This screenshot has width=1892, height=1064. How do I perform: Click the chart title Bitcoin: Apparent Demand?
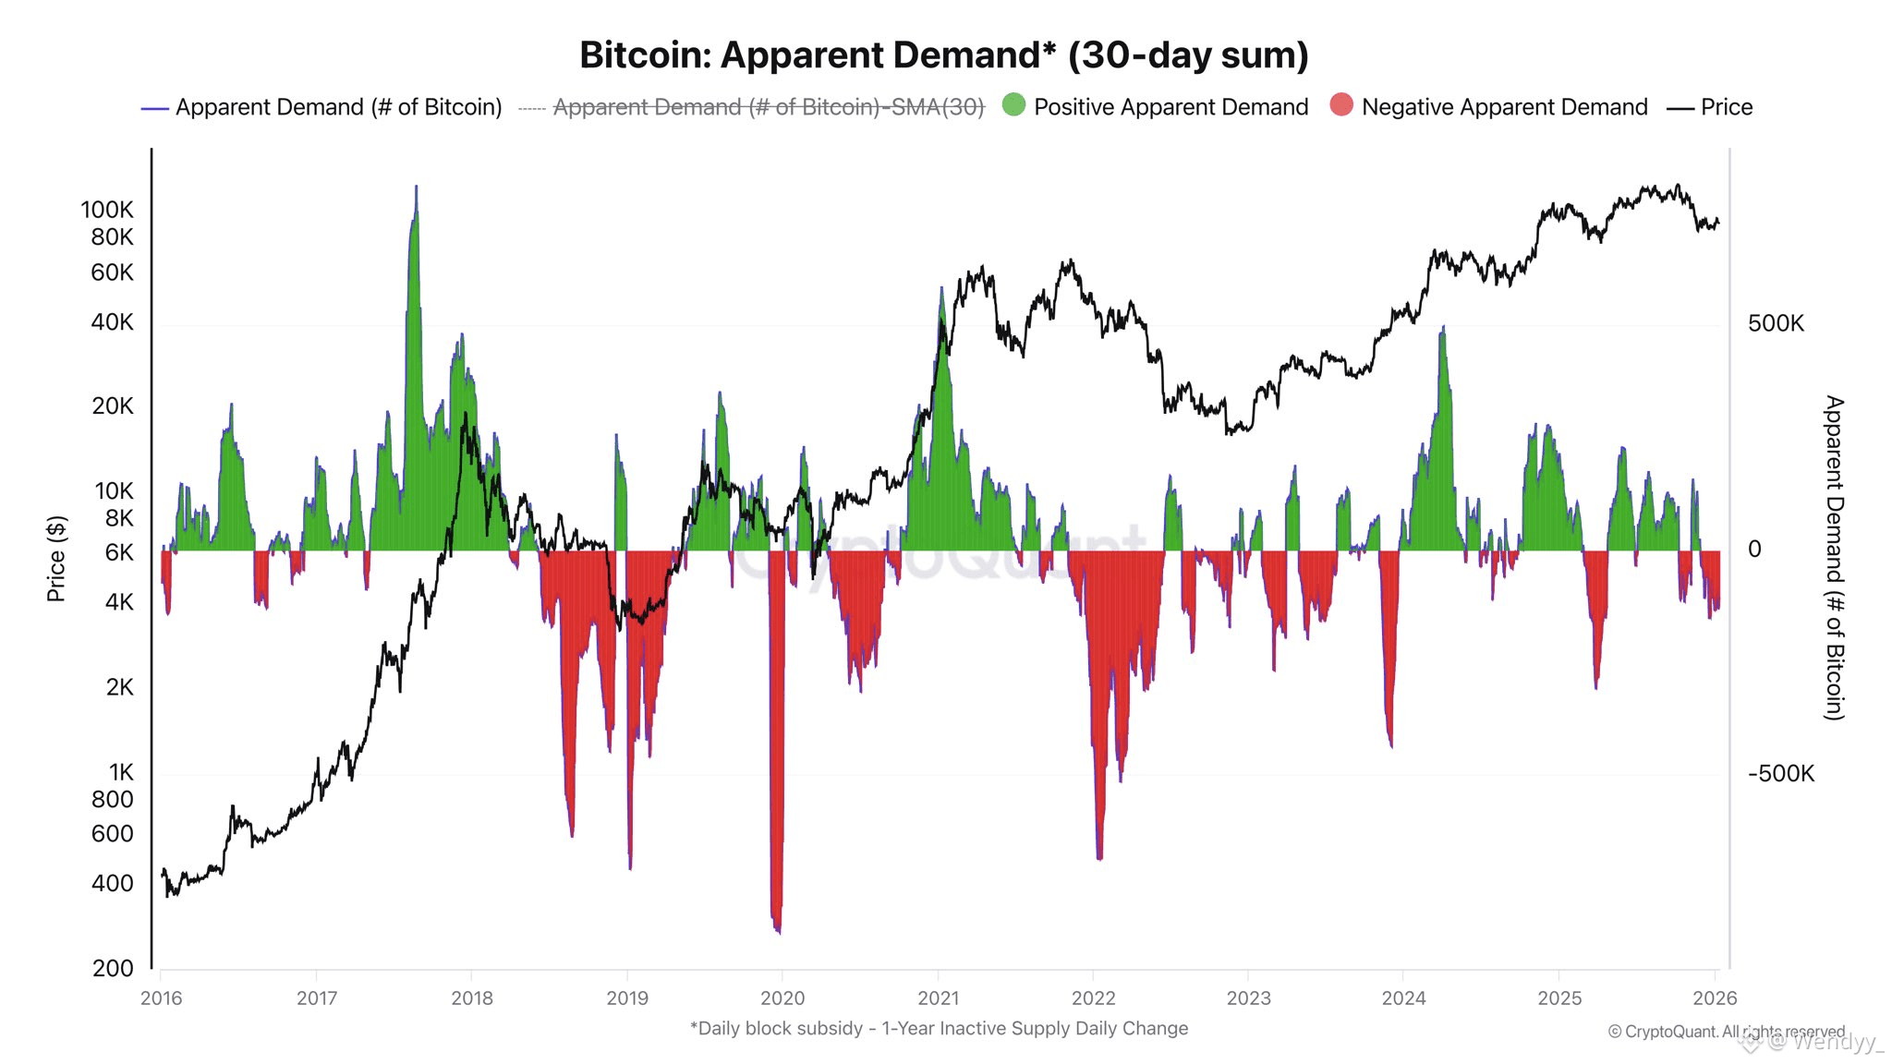pos(943,55)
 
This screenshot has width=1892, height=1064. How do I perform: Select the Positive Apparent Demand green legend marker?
pos(1013,105)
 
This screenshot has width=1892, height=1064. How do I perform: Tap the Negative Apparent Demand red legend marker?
pos(1341,105)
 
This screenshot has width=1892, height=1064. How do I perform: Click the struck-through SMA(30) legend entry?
pos(768,107)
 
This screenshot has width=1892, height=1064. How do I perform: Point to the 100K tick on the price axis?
pos(107,210)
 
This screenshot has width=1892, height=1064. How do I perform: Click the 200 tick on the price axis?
pos(113,968)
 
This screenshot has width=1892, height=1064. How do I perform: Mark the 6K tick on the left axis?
pos(119,552)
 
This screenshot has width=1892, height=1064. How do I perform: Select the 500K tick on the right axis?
pos(1775,323)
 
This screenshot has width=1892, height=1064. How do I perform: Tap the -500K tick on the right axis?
pos(1780,773)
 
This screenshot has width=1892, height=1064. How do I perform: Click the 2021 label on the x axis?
pos(938,998)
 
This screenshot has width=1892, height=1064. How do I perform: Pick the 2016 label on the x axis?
pos(161,998)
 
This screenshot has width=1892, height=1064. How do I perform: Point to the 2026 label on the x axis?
pos(1714,998)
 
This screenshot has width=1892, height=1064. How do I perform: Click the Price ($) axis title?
pos(56,559)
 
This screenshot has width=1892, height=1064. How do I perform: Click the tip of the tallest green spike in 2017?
pos(416,187)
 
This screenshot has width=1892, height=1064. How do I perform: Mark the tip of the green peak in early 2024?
pos(1443,327)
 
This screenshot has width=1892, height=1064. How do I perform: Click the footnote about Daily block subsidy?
pos(939,1028)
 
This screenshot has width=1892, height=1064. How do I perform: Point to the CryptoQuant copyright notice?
pos(1726,1032)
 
